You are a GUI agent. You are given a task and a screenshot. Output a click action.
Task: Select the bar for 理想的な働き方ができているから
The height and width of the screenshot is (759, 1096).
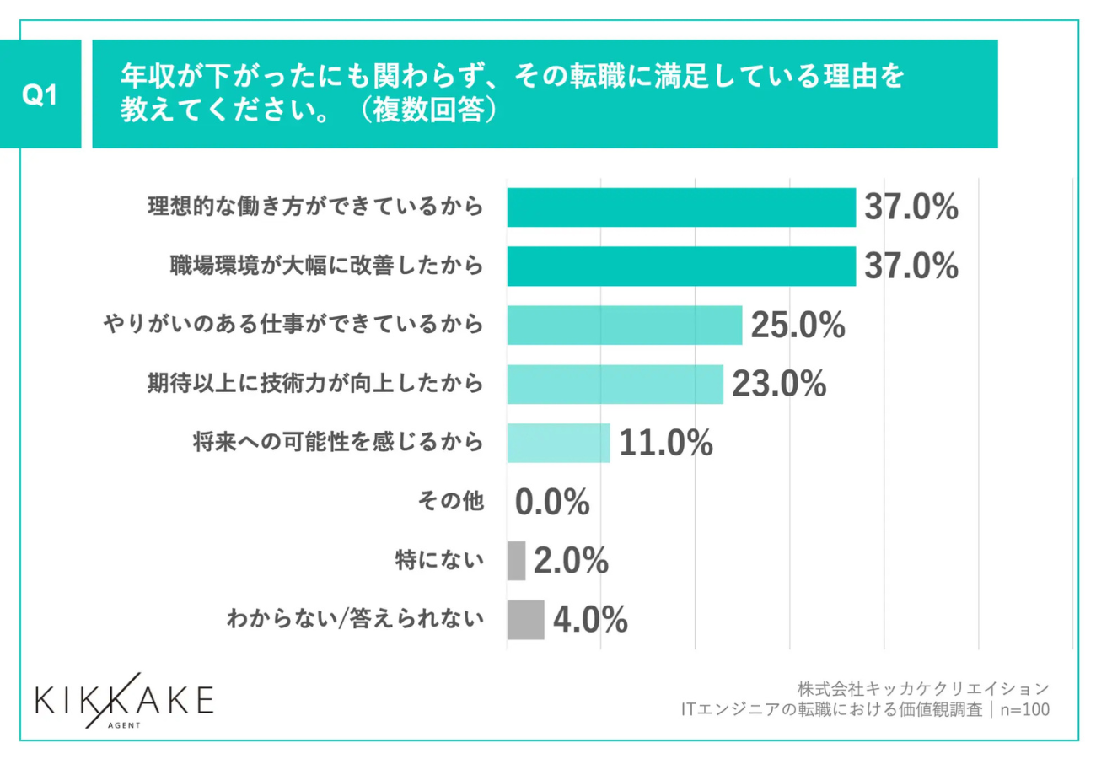click(681, 207)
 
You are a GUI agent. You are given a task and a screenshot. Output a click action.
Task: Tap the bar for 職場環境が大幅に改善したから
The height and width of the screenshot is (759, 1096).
click(681, 266)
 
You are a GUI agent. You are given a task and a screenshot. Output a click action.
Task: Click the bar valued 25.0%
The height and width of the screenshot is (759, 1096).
click(624, 326)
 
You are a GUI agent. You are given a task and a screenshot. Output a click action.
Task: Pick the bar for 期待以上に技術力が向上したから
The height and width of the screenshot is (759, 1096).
click(615, 385)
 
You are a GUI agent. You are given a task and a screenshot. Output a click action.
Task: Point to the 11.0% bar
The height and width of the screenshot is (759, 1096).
click(558, 444)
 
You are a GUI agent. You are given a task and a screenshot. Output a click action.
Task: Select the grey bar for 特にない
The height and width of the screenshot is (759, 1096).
click(516, 561)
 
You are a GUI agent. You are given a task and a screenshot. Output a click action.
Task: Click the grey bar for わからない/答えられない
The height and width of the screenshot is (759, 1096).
click(525, 620)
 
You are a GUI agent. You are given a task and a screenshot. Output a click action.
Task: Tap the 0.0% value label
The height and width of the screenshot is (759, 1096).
click(552, 503)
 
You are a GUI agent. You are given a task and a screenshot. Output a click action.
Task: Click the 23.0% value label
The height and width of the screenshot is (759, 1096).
click(778, 385)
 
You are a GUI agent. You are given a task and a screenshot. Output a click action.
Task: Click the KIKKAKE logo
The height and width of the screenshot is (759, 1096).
click(125, 702)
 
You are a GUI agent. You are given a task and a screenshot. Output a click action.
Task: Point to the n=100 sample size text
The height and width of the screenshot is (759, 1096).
click(1025, 709)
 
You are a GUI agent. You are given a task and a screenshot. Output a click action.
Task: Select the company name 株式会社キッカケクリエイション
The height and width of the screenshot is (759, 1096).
click(923, 687)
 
